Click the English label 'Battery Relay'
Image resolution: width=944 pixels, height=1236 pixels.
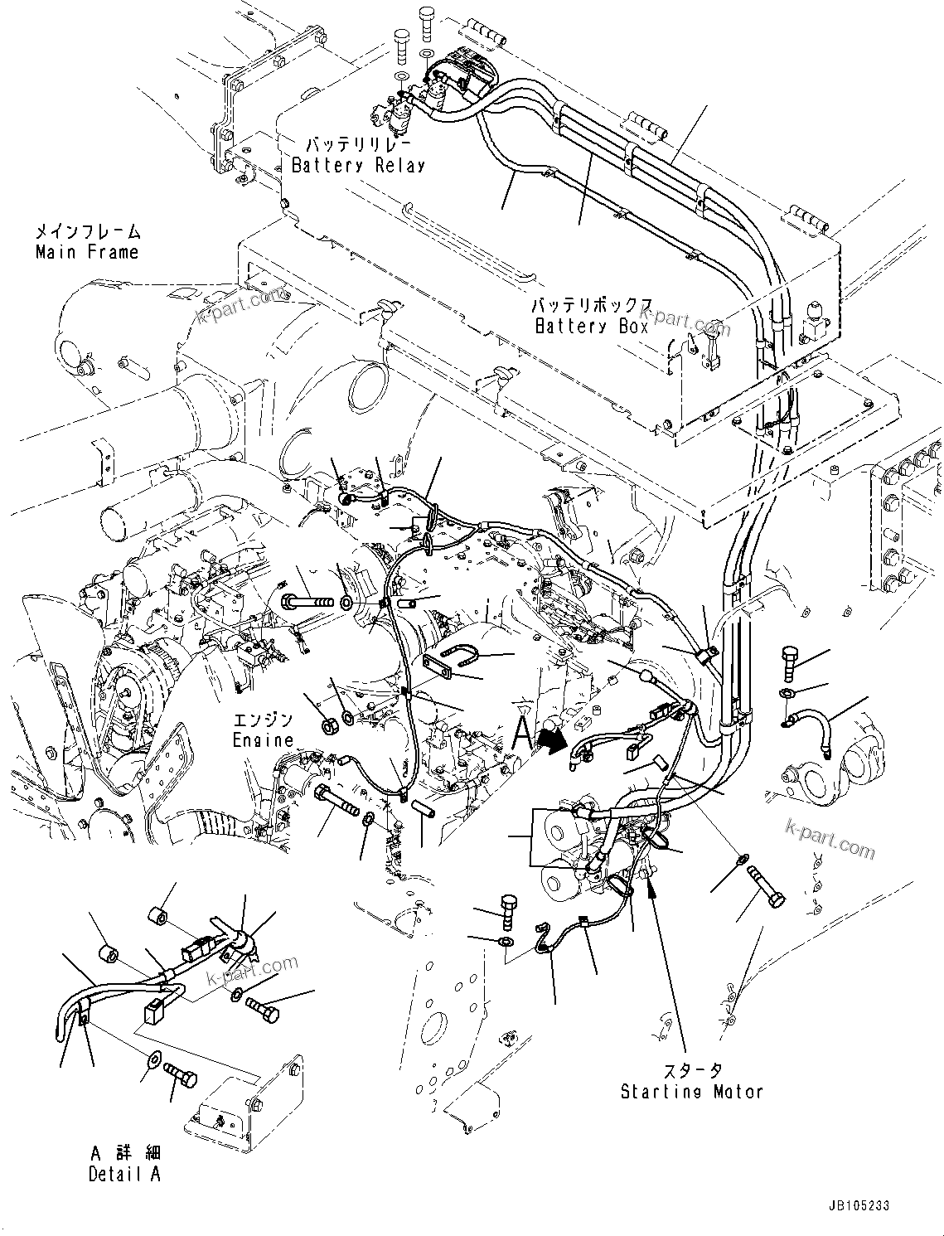tap(358, 165)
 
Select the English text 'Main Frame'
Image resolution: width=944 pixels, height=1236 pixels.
tap(87, 251)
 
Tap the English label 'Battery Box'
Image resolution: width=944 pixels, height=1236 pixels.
tap(591, 326)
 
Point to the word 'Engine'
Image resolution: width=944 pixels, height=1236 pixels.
tap(263, 739)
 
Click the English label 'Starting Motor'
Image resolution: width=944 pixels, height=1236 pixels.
tap(691, 1091)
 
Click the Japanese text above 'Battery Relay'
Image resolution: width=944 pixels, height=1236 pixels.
tap(358, 144)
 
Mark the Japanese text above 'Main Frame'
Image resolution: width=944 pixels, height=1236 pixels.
tap(88, 232)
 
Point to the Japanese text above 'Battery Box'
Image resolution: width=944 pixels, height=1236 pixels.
tap(592, 306)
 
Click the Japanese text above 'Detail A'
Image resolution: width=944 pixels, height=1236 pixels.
tap(126, 1153)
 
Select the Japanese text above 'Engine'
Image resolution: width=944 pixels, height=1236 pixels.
tap(263, 720)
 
